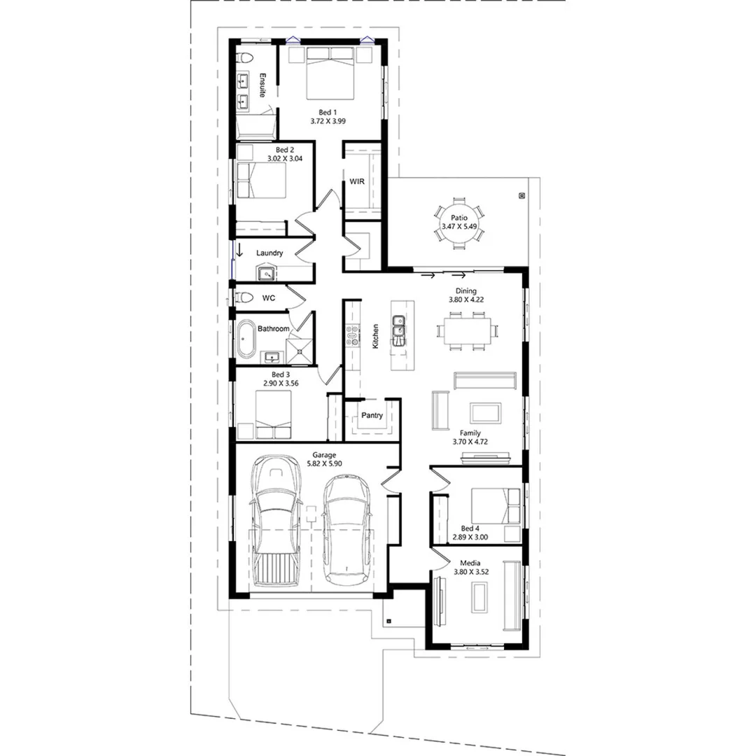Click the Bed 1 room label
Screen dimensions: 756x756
pos(328,112)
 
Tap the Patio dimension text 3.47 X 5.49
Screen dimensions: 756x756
pos(459,227)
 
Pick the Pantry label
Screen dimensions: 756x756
pos(372,415)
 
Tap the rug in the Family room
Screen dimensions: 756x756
pos(485,412)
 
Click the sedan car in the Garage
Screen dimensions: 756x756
pos(346,528)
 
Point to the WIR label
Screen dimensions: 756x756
pos(357,182)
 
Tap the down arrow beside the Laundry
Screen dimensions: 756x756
pos(239,251)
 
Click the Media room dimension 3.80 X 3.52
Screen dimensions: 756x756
pos(470,572)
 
